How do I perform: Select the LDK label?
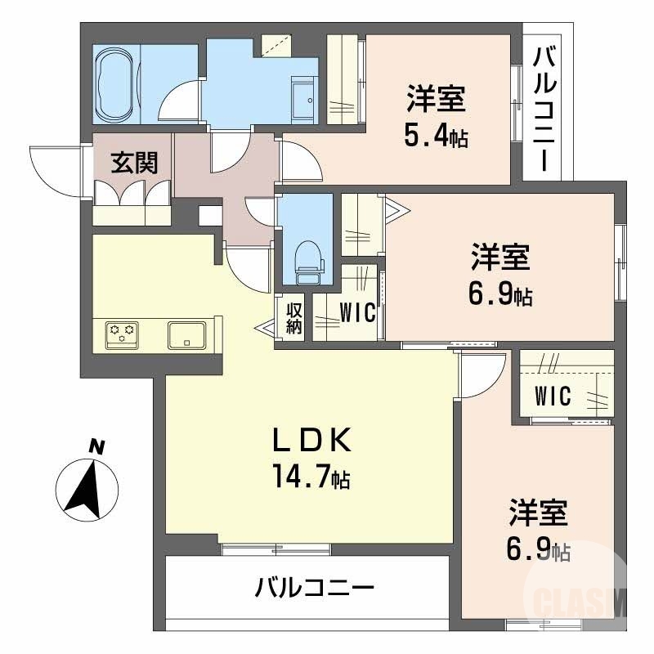(311, 442)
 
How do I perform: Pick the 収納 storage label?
(294, 318)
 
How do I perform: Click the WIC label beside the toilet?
(356, 313)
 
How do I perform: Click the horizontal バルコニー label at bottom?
(314, 588)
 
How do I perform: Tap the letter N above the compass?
(97, 447)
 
